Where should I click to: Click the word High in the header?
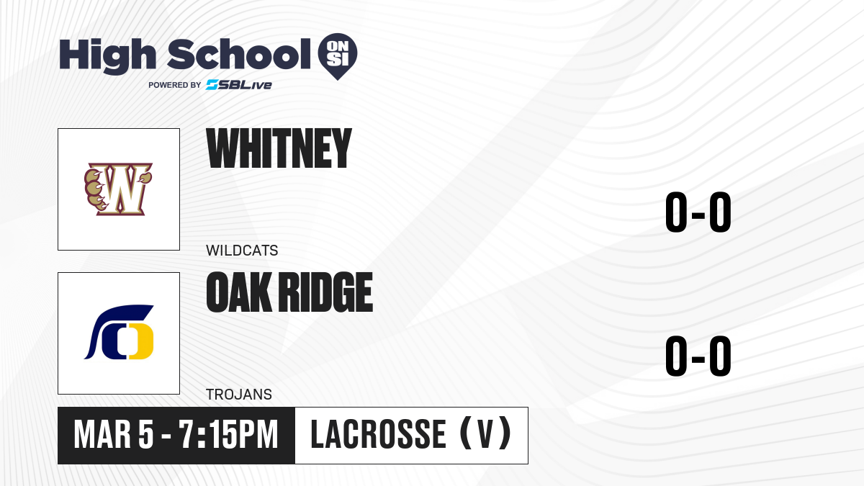107,55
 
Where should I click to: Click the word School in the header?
239,54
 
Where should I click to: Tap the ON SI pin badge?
338,56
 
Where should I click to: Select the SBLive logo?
238,84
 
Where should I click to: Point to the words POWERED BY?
174,85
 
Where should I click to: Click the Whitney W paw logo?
118,189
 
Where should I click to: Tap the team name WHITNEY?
279,148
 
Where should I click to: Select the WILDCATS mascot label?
242,251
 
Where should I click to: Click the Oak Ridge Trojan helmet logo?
119,332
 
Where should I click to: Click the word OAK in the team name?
238,292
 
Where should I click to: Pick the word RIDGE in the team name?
325,292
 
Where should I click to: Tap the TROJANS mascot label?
239,395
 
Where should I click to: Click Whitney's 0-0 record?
698,212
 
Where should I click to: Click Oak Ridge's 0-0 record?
698,356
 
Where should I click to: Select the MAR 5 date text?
114,435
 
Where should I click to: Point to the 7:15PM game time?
228,435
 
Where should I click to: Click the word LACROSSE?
379,434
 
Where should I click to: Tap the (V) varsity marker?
485,433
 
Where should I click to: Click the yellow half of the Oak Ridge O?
141,341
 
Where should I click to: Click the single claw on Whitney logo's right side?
144,178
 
